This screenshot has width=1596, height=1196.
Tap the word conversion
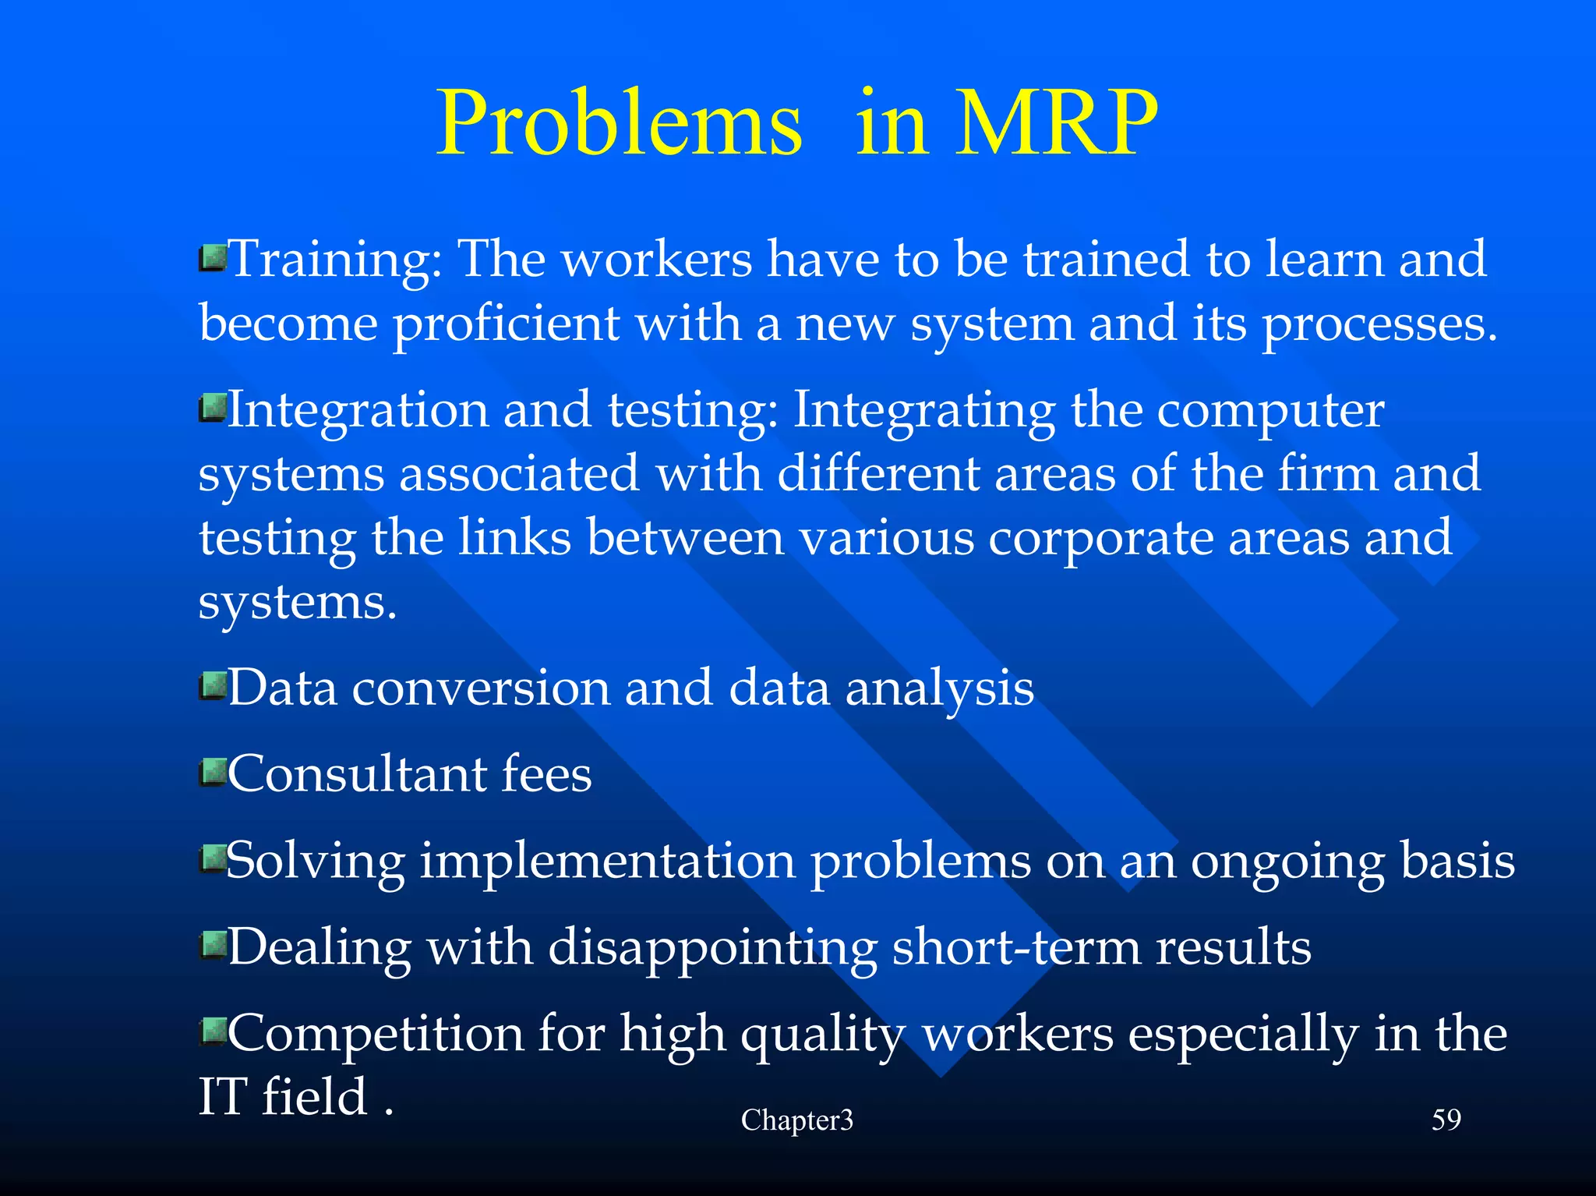tap(481, 689)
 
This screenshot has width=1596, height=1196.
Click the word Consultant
tap(356, 775)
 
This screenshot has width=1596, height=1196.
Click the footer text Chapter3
tap(796, 1120)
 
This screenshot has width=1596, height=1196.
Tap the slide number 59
tap(1446, 1120)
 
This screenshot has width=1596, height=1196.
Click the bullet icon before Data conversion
tap(212, 686)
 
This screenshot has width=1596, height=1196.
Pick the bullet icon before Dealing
tap(212, 945)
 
